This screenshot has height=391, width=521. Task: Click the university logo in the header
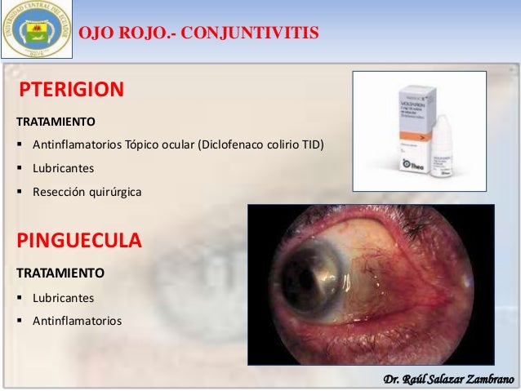click(37, 30)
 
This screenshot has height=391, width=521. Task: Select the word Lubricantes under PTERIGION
click(64, 169)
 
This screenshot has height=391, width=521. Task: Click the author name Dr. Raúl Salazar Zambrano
click(448, 378)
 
